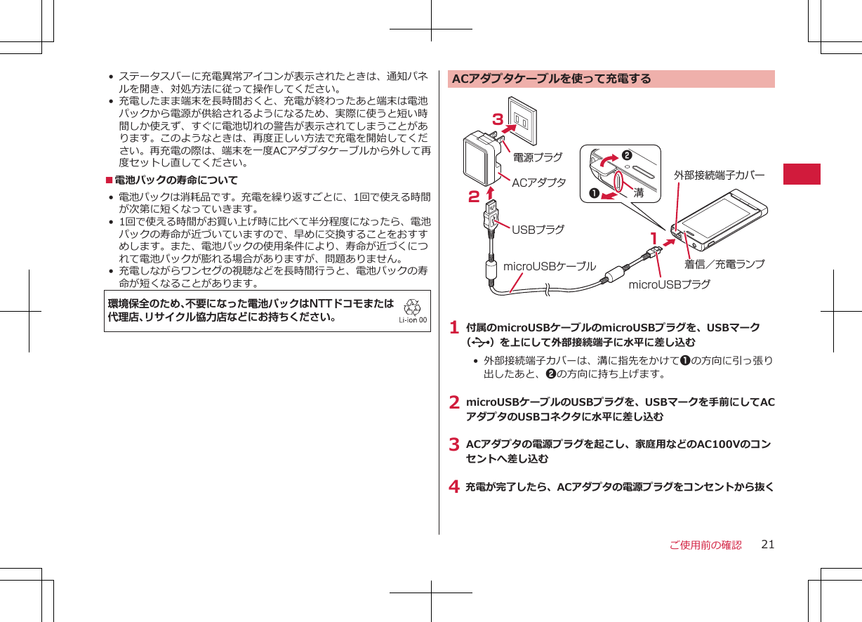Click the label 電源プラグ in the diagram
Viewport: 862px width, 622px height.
click(538, 158)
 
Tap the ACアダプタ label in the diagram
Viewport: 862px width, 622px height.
click(538, 183)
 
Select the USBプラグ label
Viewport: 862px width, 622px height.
click(538, 230)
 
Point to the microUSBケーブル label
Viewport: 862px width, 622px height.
click(550, 267)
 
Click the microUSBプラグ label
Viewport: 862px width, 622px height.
click(669, 284)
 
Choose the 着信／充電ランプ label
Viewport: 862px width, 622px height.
click(724, 265)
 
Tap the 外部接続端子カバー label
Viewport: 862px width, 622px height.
click(719, 174)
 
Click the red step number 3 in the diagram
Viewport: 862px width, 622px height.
click(498, 119)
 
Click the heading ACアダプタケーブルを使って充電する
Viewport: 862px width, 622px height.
click(552, 79)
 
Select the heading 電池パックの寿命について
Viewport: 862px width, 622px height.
click(176, 180)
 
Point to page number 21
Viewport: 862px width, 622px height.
click(768, 545)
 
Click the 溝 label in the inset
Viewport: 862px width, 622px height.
click(639, 192)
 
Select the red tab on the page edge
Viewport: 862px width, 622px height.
click(802, 173)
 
